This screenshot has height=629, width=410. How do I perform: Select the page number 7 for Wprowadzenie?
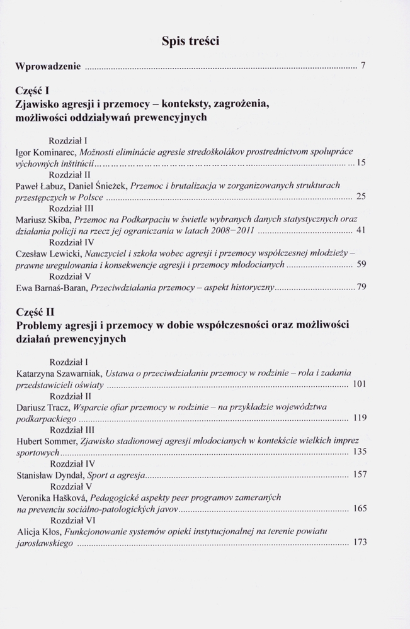click(x=363, y=66)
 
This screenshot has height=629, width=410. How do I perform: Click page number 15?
click(x=361, y=163)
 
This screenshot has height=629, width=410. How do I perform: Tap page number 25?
click(x=361, y=197)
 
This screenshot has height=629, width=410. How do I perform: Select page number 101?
click(x=360, y=384)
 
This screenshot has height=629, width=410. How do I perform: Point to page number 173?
click(x=360, y=542)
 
